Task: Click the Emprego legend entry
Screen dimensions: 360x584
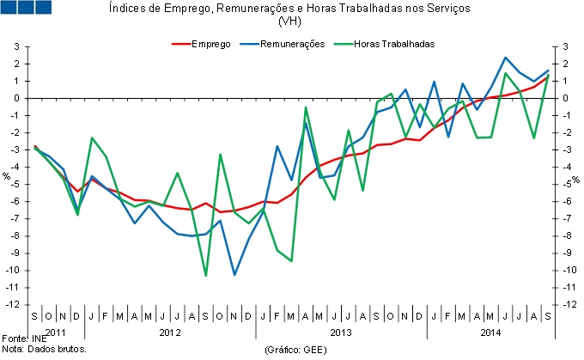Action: point(210,44)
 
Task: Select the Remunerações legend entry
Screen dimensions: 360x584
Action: point(293,44)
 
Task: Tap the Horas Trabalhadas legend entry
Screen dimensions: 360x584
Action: point(396,44)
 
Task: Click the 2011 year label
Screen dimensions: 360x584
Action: point(55,332)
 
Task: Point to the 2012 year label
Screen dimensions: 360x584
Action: point(169,332)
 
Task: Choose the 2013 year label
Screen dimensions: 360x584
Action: point(341,332)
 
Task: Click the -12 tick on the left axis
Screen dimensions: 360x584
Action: point(15,305)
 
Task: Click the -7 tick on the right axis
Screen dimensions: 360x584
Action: point(566,218)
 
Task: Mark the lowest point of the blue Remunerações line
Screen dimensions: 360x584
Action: point(234,275)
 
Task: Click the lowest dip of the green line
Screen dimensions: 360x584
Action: point(206,275)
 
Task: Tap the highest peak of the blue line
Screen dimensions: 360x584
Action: point(506,58)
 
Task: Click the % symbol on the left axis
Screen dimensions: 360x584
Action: point(7,177)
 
